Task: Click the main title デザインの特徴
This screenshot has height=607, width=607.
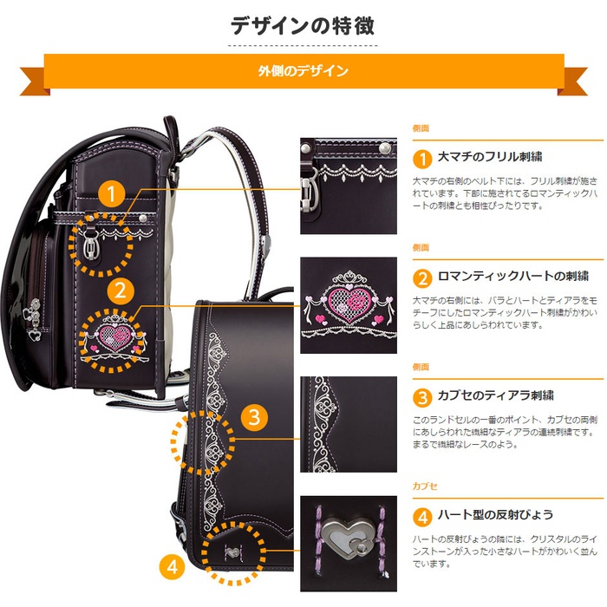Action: point(303,25)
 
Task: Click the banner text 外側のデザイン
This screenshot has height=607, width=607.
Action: point(303,71)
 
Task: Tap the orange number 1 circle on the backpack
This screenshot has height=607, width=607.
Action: point(110,192)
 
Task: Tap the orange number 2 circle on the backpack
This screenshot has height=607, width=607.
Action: point(121,290)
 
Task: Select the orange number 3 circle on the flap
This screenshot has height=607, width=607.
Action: point(252,417)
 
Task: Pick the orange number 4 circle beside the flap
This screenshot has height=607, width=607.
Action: point(173,567)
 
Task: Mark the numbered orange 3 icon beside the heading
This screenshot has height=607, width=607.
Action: point(421,398)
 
